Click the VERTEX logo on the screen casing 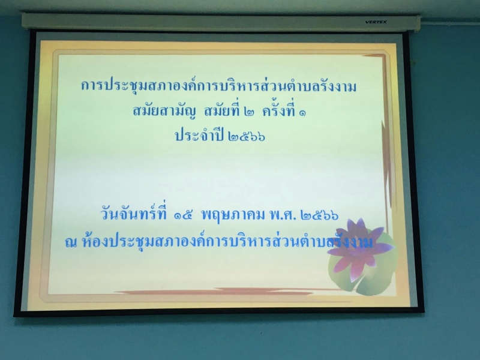pyautogui.click(x=376, y=22)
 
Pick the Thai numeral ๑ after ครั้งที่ pyautogui.click(x=302, y=113)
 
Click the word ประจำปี pyautogui.click(x=199, y=134)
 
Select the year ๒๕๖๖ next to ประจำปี pyautogui.click(x=247, y=136)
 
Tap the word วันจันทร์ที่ pyautogui.click(x=134, y=213)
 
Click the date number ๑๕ pyautogui.click(x=183, y=215)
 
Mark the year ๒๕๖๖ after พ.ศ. pyautogui.click(x=320, y=215)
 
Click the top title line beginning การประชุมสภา pyautogui.click(x=219, y=86)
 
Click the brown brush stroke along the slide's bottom pyautogui.click(x=227, y=291)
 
